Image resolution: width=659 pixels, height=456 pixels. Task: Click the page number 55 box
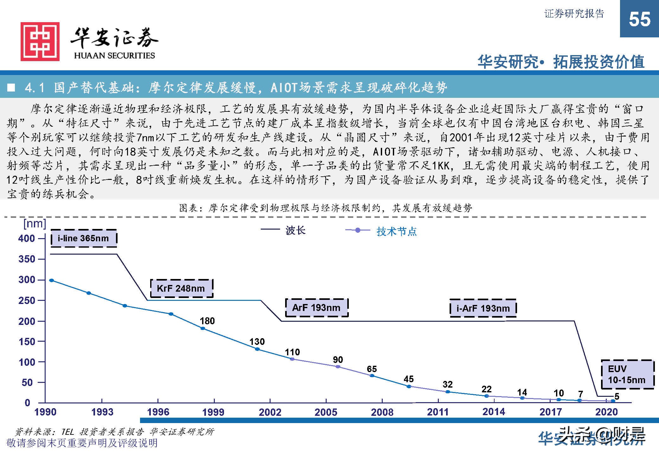639,19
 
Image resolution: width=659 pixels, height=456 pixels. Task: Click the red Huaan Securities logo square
40,41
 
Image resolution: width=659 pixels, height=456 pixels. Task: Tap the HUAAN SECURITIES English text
114,55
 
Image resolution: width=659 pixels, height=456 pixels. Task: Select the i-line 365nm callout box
84,238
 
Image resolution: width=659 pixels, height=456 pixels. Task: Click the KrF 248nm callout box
181,288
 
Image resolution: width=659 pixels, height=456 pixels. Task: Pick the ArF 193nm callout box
317,307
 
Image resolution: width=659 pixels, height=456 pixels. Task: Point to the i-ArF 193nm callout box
483,308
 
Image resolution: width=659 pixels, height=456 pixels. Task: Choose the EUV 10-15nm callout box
627,374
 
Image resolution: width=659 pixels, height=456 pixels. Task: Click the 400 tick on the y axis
27,238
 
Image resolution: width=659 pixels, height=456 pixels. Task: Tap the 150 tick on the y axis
27,342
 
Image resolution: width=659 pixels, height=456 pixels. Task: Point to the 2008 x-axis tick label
382,412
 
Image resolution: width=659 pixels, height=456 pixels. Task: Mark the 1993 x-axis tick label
102,412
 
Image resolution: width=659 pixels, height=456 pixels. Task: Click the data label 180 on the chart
207,321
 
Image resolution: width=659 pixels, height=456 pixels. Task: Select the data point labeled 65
372,376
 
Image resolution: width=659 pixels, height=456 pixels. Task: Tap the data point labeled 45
409,386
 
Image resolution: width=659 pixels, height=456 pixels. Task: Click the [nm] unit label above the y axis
35,224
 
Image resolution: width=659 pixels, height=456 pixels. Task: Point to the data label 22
486,389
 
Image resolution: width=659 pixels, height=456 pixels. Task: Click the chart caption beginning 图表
325,208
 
